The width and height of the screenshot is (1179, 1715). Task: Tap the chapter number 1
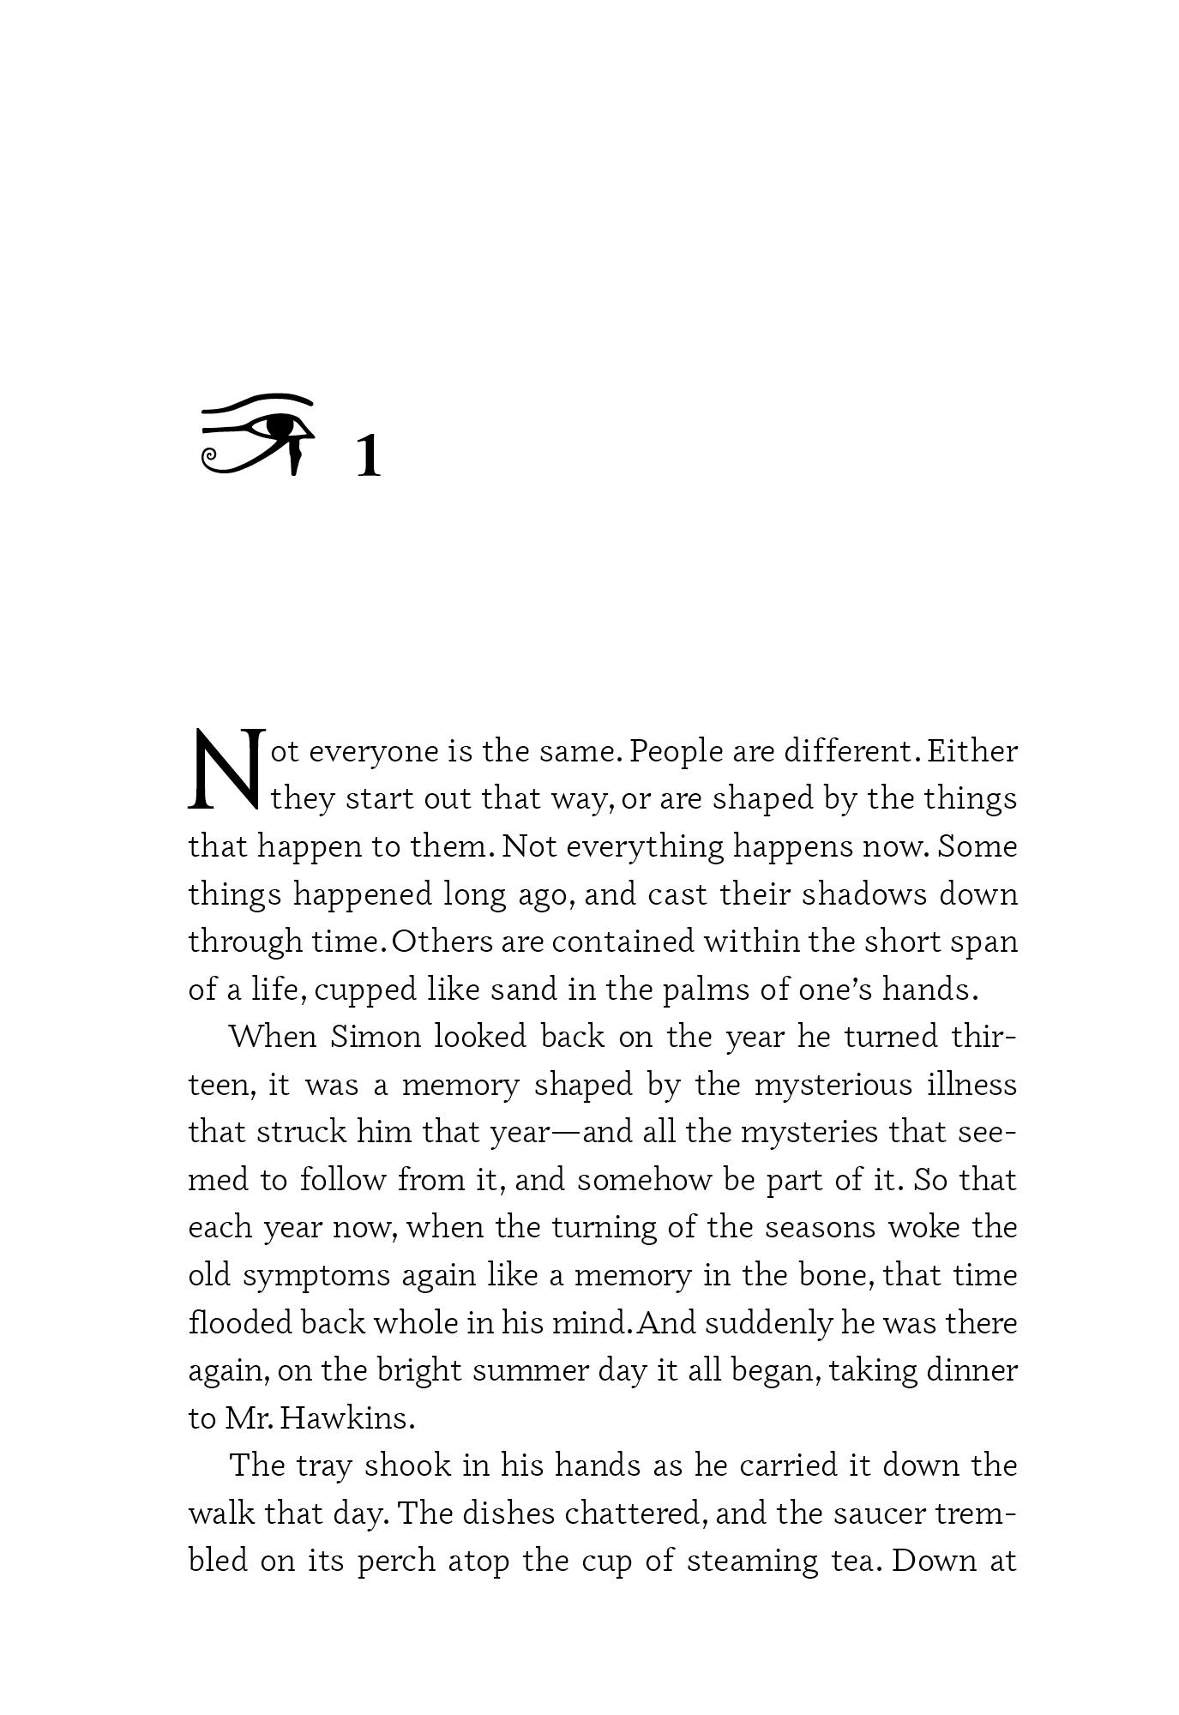368,456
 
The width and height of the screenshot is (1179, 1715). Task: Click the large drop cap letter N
224,770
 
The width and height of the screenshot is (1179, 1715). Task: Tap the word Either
972,751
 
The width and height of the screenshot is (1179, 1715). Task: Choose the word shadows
864,894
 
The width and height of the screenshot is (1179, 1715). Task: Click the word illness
972,1085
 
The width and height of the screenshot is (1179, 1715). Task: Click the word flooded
240,1322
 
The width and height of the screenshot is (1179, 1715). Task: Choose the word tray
324,1465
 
